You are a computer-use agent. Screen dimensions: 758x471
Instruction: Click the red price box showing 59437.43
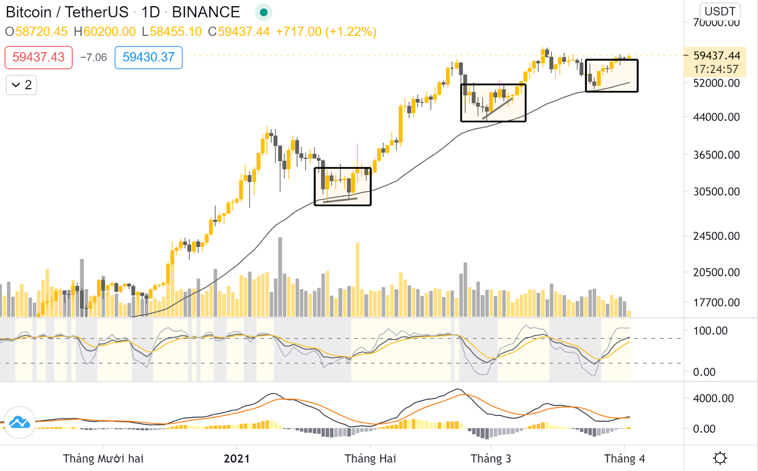[38, 57]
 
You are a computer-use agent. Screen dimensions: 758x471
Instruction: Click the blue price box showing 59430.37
[149, 57]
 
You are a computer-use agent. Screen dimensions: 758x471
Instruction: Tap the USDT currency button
[720, 11]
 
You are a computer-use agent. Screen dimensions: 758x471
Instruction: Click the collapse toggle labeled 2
[21, 85]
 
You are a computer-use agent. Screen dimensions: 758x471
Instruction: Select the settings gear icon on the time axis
[720, 458]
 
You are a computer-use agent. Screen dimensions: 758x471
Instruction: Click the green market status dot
[263, 12]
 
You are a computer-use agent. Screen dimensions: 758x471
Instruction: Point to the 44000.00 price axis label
[716, 117]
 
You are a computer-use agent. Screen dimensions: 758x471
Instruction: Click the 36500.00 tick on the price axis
[716, 155]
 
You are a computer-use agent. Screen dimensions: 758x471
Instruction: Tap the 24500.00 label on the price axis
[716, 236]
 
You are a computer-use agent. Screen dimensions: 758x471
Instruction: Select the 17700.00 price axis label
[716, 302]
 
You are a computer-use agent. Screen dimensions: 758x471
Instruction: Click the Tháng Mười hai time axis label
[103, 459]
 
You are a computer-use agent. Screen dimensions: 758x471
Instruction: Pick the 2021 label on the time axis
[236, 459]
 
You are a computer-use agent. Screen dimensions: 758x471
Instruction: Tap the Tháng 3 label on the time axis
[491, 459]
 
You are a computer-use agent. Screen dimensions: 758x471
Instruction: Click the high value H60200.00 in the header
[105, 31]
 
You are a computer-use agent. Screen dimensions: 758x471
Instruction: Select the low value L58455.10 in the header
[171, 31]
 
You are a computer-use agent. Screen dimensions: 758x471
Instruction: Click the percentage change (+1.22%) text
[351, 31]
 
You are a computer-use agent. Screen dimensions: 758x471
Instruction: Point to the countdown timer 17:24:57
[716, 69]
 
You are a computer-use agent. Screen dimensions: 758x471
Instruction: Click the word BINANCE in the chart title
[206, 12]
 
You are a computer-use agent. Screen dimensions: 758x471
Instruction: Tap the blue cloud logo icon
[19, 422]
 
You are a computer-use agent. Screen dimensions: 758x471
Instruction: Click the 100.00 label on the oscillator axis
[710, 331]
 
